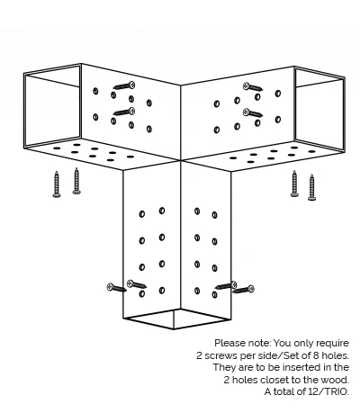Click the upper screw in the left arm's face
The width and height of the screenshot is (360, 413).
pyautogui.click(x=124, y=86)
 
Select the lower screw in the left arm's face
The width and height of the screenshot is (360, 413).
pyautogui.click(x=124, y=112)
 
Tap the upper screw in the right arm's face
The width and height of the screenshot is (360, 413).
pyautogui.click(x=253, y=87)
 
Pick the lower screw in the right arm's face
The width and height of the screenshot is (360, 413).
pyautogui.click(x=253, y=112)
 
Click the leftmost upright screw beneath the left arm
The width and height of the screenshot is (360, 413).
pyautogui.click(x=57, y=184)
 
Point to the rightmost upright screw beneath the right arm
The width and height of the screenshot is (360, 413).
pyautogui.click(x=311, y=187)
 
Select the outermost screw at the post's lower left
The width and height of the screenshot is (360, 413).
pyautogui.click(x=117, y=288)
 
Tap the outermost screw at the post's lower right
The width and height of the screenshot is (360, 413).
pyautogui.click(x=244, y=290)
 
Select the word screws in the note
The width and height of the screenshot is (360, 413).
pyautogui.click(x=221, y=355)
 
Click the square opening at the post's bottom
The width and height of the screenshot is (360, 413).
pyautogui.click(x=177, y=319)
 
